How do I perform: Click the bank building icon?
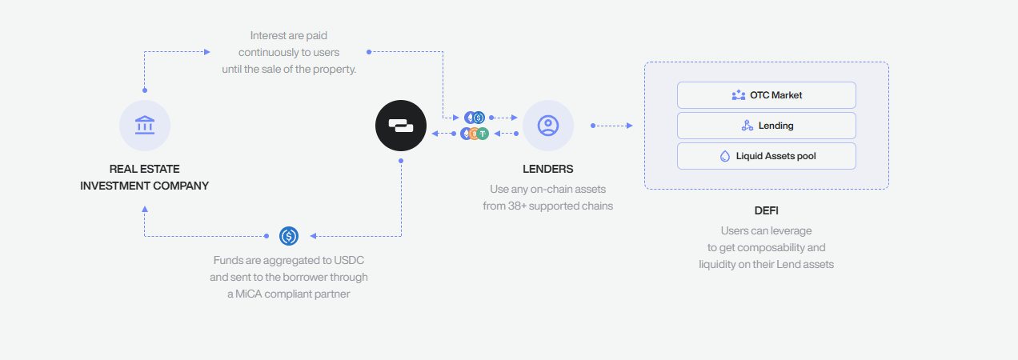tap(145, 126)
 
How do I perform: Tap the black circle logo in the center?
tap(401, 126)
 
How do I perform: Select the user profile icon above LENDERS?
tap(548, 126)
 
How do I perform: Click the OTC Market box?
tap(766, 95)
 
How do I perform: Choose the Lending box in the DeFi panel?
tap(766, 126)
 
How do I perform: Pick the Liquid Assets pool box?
tap(766, 156)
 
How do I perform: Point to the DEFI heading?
tap(766, 211)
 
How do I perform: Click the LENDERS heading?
tap(547, 170)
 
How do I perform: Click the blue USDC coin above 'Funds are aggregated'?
tap(289, 236)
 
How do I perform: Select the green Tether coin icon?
tap(483, 134)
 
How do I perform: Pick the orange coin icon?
tap(474, 134)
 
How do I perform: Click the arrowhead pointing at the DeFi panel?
tap(630, 126)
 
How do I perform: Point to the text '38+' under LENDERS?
tap(517, 206)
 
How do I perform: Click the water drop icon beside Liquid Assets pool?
tap(726, 156)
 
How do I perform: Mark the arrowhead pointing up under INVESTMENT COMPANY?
tap(145, 208)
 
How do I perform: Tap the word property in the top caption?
tap(337, 69)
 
